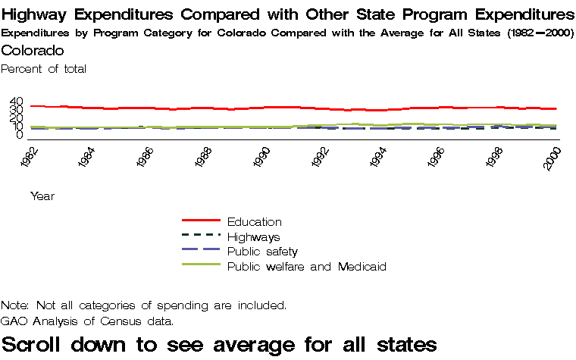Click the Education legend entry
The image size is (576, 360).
tap(254, 222)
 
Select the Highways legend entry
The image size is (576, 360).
tap(253, 237)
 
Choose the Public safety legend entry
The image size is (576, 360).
tap(262, 252)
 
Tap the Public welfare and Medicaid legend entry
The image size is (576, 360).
tap(306, 267)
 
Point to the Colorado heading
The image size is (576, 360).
tap(33, 50)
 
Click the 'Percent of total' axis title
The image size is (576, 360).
tap(44, 69)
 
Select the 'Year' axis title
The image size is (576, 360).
tap(42, 196)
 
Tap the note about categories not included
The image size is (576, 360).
tap(144, 305)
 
